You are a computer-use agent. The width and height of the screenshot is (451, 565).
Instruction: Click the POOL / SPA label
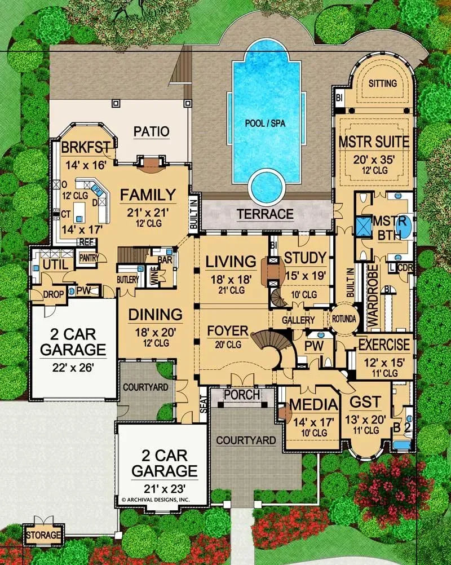[x=266, y=123]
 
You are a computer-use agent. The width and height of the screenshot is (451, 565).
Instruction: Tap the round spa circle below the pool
[x=266, y=185]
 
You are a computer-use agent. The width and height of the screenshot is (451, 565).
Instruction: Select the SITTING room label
[x=383, y=83]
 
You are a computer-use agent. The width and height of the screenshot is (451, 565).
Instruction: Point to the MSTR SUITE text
[x=374, y=140]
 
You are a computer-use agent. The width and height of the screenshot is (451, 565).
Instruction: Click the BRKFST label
[x=85, y=148]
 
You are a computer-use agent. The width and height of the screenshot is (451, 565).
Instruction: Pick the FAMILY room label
[x=147, y=195]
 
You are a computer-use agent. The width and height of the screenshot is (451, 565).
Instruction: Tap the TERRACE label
[x=265, y=214]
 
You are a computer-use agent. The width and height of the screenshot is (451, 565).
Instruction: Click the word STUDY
[x=305, y=258]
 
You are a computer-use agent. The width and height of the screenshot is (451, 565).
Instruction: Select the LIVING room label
[x=231, y=262]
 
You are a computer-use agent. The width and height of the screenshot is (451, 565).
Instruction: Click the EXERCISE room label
[x=384, y=343]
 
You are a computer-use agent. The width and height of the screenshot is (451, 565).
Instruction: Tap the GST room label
[x=366, y=403]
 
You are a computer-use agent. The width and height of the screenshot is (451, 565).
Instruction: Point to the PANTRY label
[x=89, y=258]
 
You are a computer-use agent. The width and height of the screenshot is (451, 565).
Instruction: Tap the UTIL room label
[x=55, y=264]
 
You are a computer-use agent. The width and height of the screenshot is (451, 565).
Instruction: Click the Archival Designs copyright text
[x=156, y=500]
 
